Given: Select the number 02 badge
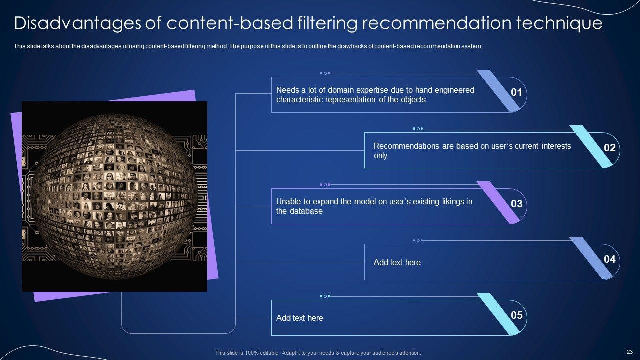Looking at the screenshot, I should tap(609, 148).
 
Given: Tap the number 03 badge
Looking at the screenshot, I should tap(516, 204).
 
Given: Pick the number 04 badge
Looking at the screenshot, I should tap(609, 259).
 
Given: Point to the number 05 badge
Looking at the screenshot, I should tap(516, 315).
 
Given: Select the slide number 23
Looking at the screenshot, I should tap(629, 352).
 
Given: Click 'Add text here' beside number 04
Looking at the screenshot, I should tap(397, 262).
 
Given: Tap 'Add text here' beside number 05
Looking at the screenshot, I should tap(299, 318).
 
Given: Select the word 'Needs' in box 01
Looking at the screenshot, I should tap(287, 90).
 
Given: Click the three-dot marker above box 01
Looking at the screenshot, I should tap(325, 73).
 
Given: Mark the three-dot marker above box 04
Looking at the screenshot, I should tap(418, 240).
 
